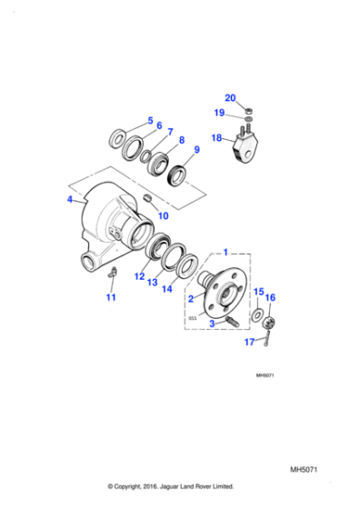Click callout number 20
[230, 97]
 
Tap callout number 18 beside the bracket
[216, 138]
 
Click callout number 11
[111, 296]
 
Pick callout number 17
[250, 342]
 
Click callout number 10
[164, 216]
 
